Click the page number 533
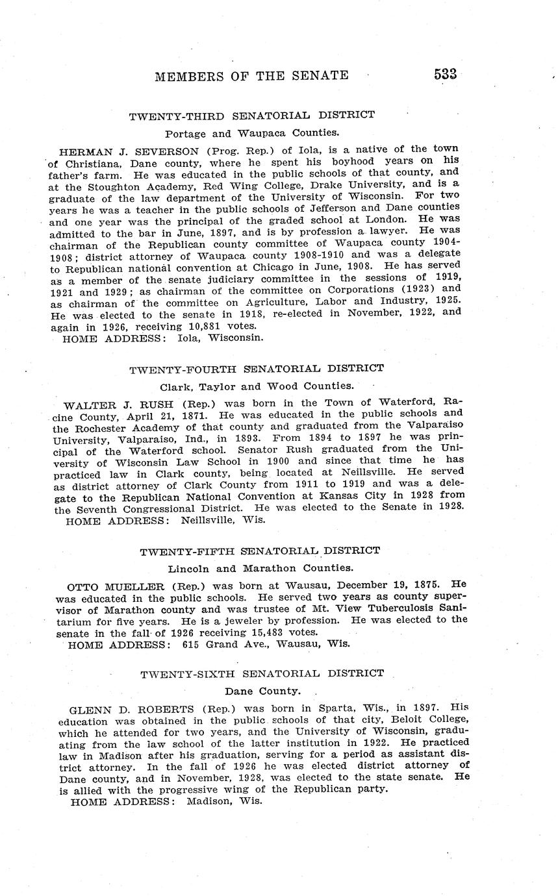(x=445, y=74)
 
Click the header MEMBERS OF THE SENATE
(x=251, y=76)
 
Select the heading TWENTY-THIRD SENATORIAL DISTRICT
(x=251, y=116)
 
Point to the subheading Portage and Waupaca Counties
(x=251, y=134)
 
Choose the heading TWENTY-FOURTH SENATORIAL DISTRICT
(x=256, y=369)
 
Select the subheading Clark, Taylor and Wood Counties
(x=253, y=386)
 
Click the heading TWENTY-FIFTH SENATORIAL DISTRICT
(x=260, y=551)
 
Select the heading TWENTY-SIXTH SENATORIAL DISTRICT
(x=262, y=674)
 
